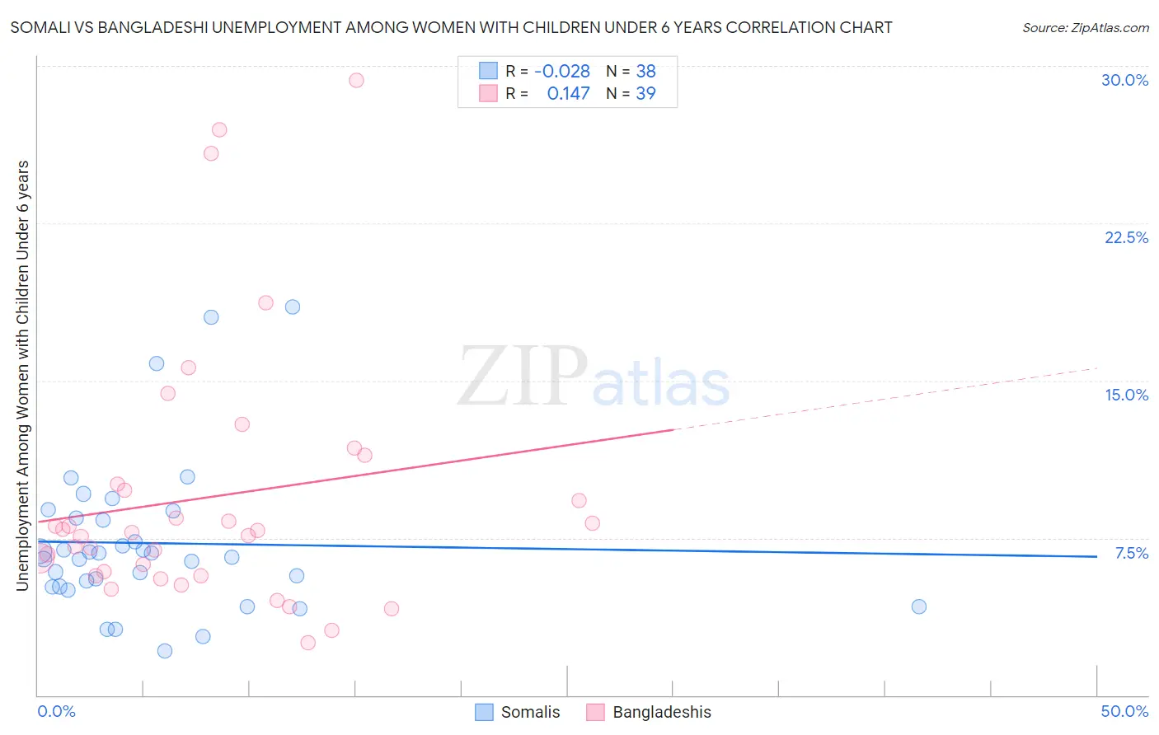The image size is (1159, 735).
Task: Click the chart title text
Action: [451, 28]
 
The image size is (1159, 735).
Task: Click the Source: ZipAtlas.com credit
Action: [1085, 28]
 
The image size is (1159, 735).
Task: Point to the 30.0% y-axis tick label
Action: [1124, 80]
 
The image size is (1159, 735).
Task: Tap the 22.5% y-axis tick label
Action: [1126, 237]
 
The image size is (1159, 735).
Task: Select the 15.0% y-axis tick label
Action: [1126, 395]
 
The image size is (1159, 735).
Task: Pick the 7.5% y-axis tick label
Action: [1131, 553]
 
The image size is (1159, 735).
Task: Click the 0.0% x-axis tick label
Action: [56, 711]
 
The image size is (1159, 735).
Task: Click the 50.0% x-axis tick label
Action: [1124, 711]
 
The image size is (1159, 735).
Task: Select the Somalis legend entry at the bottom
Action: [518, 712]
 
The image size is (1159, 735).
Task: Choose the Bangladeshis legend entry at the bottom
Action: [649, 712]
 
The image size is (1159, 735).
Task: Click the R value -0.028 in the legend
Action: [562, 72]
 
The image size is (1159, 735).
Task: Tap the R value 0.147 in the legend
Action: [568, 94]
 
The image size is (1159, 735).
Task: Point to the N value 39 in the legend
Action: [645, 94]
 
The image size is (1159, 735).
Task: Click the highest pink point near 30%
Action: [356, 80]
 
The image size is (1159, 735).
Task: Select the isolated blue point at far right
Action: [919, 606]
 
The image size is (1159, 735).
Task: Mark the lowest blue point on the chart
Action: [165, 651]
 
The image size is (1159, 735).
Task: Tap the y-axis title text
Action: [22, 376]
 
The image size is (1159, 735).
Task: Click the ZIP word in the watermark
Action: [523, 377]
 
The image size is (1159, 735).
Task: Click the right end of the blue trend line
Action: [1096, 557]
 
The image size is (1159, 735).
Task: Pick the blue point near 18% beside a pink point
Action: [293, 307]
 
